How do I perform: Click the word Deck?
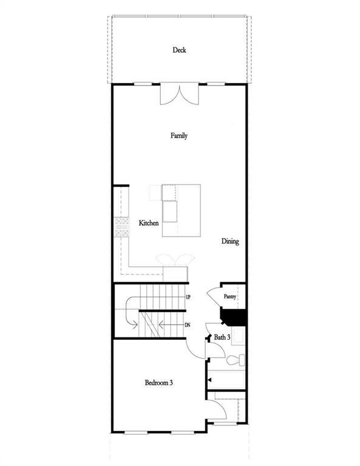[178, 50]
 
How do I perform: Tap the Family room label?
[178, 136]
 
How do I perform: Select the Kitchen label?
[149, 223]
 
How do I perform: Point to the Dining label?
[230, 241]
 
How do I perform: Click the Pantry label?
[229, 297]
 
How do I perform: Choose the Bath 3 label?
[221, 337]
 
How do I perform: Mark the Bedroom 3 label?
[160, 382]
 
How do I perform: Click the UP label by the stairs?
[188, 298]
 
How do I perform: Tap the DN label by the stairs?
[188, 325]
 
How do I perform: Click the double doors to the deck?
[178, 94]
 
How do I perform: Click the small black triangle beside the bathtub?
[209, 380]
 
